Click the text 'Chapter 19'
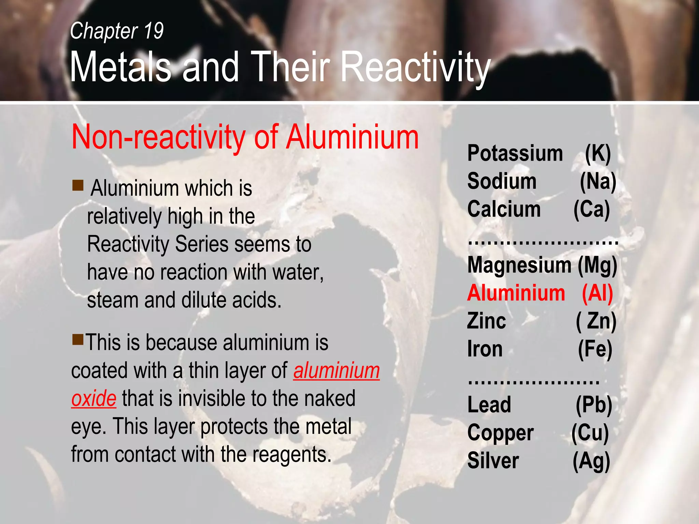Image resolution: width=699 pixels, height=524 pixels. click(x=117, y=31)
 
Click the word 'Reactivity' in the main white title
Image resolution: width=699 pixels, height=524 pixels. click(x=415, y=67)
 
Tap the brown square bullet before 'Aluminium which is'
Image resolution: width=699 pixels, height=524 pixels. click(x=78, y=185)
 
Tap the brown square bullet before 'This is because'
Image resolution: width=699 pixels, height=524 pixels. click(x=78, y=339)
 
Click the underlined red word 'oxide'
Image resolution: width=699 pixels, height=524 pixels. click(x=94, y=398)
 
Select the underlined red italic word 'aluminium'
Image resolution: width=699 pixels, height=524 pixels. click(x=337, y=370)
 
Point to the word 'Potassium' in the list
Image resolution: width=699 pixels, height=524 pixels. click(x=515, y=153)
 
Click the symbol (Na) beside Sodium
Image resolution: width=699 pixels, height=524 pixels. click(x=598, y=181)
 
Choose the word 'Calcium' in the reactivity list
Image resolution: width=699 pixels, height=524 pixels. click(x=504, y=209)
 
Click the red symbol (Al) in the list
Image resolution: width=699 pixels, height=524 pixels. click(x=597, y=293)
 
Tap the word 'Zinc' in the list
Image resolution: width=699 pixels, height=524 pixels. click(x=486, y=321)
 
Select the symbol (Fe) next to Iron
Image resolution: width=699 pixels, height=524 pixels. click(x=595, y=349)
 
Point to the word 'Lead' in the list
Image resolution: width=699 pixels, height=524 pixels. click(x=489, y=405)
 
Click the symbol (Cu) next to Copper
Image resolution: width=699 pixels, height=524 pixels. click(x=590, y=433)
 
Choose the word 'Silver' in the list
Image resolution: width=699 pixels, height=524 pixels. click(x=493, y=461)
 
